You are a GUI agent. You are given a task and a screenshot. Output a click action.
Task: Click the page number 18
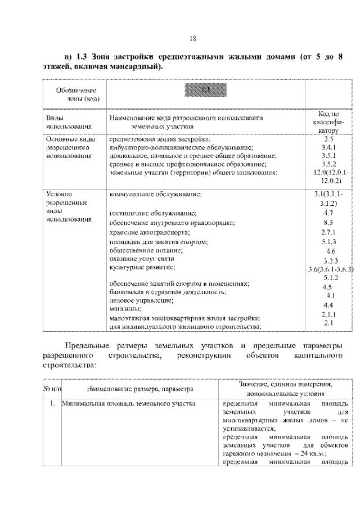pos(193,38)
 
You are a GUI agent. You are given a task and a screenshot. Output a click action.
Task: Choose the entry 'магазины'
pos(125,308)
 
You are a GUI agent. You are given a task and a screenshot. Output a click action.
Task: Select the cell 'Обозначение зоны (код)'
pos(75,94)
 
